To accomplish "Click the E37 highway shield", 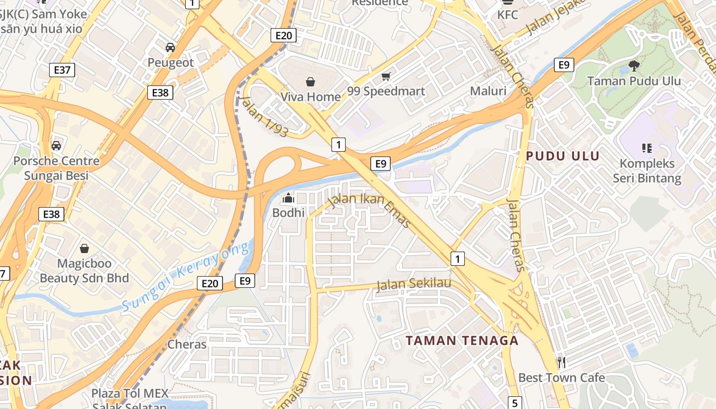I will click(x=62, y=70).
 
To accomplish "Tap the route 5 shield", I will click(x=515, y=402).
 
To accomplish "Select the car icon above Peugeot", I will click(x=170, y=48).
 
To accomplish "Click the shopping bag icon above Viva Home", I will click(x=310, y=81).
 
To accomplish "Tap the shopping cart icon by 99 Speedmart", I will click(x=386, y=77).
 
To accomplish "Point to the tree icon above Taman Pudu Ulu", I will click(x=634, y=65).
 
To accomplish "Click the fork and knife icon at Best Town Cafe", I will click(x=562, y=362).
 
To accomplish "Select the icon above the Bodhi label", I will click(x=288, y=197).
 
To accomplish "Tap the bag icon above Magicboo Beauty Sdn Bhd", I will click(x=84, y=249).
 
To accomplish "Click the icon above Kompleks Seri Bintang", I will click(x=647, y=148).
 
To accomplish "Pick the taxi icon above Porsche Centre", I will click(x=56, y=146).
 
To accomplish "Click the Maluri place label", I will click(x=488, y=92).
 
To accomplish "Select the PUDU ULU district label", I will click(x=563, y=156).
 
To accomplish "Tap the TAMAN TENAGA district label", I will click(x=462, y=340).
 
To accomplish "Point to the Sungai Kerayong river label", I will click(x=186, y=277).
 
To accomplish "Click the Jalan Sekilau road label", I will click(x=414, y=284).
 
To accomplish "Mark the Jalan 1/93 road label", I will click(x=264, y=117).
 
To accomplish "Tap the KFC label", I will click(x=508, y=15).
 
